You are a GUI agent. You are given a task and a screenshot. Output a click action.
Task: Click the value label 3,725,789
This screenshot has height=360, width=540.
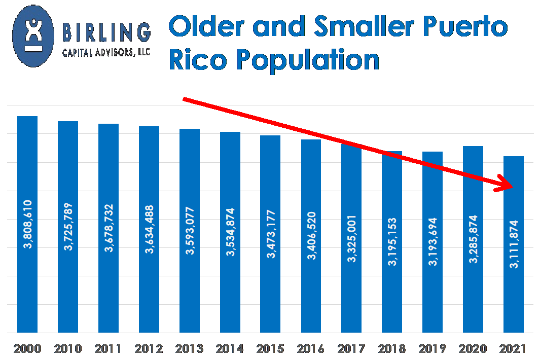click(x=68, y=227)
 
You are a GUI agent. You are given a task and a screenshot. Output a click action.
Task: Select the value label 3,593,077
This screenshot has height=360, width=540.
click(x=190, y=231)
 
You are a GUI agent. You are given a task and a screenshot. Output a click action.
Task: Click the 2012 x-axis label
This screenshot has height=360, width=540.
click(x=149, y=349)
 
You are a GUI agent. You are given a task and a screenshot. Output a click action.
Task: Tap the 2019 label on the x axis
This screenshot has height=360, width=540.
click(x=433, y=349)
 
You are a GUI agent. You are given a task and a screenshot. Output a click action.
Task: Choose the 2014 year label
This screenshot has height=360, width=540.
click(x=230, y=349)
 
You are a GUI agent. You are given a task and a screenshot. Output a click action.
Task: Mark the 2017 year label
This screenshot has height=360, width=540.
click(x=351, y=349)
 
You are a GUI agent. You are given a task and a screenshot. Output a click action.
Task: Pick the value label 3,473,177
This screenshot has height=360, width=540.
click(x=271, y=234)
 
